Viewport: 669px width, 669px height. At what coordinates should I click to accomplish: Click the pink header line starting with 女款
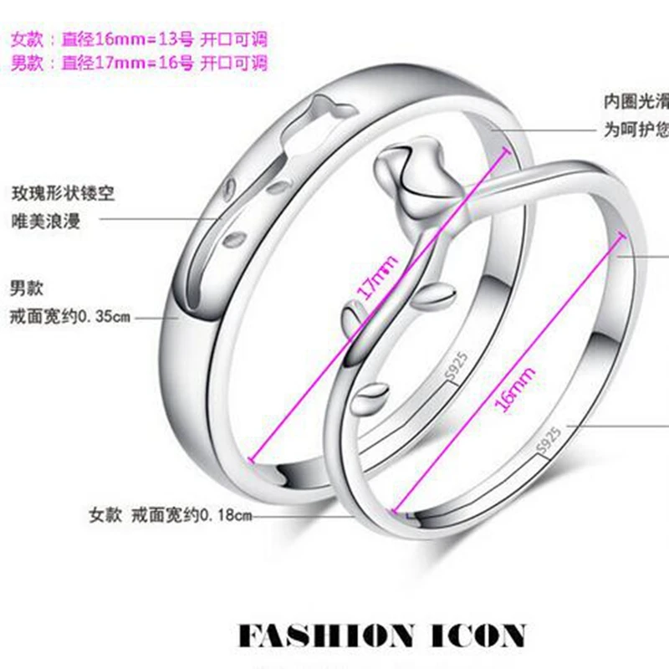point(139,38)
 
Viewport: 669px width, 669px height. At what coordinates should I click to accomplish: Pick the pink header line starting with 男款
point(139,63)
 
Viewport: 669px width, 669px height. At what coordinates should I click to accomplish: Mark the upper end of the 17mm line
point(508,147)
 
